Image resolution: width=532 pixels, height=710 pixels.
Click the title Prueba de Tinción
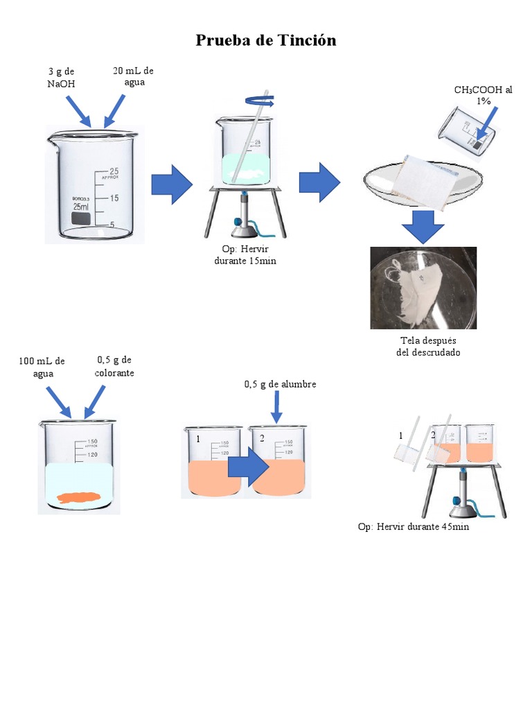point(266,40)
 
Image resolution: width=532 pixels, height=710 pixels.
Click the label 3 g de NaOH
point(61,78)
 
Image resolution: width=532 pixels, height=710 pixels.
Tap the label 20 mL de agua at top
point(133,76)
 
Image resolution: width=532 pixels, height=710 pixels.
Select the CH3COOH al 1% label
point(483,96)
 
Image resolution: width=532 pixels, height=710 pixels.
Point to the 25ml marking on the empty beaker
point(82,207)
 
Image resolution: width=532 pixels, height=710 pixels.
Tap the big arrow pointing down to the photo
point(423,227)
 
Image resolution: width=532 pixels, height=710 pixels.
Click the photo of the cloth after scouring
point(423,287)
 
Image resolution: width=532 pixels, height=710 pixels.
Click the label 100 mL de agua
point(42,367)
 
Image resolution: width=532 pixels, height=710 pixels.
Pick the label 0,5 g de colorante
point(114,366)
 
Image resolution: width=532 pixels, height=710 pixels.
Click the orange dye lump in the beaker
point(79,496)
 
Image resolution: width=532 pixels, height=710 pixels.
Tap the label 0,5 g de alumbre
point(281,384)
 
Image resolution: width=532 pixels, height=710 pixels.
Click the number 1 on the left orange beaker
point(198,439)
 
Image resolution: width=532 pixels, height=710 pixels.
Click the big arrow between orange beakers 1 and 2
point(247,472)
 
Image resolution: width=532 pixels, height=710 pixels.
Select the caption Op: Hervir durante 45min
point(414,527)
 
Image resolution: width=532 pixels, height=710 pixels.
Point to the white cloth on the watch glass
point(423,179)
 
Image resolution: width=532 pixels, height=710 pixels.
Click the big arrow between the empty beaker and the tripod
point(172,184)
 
